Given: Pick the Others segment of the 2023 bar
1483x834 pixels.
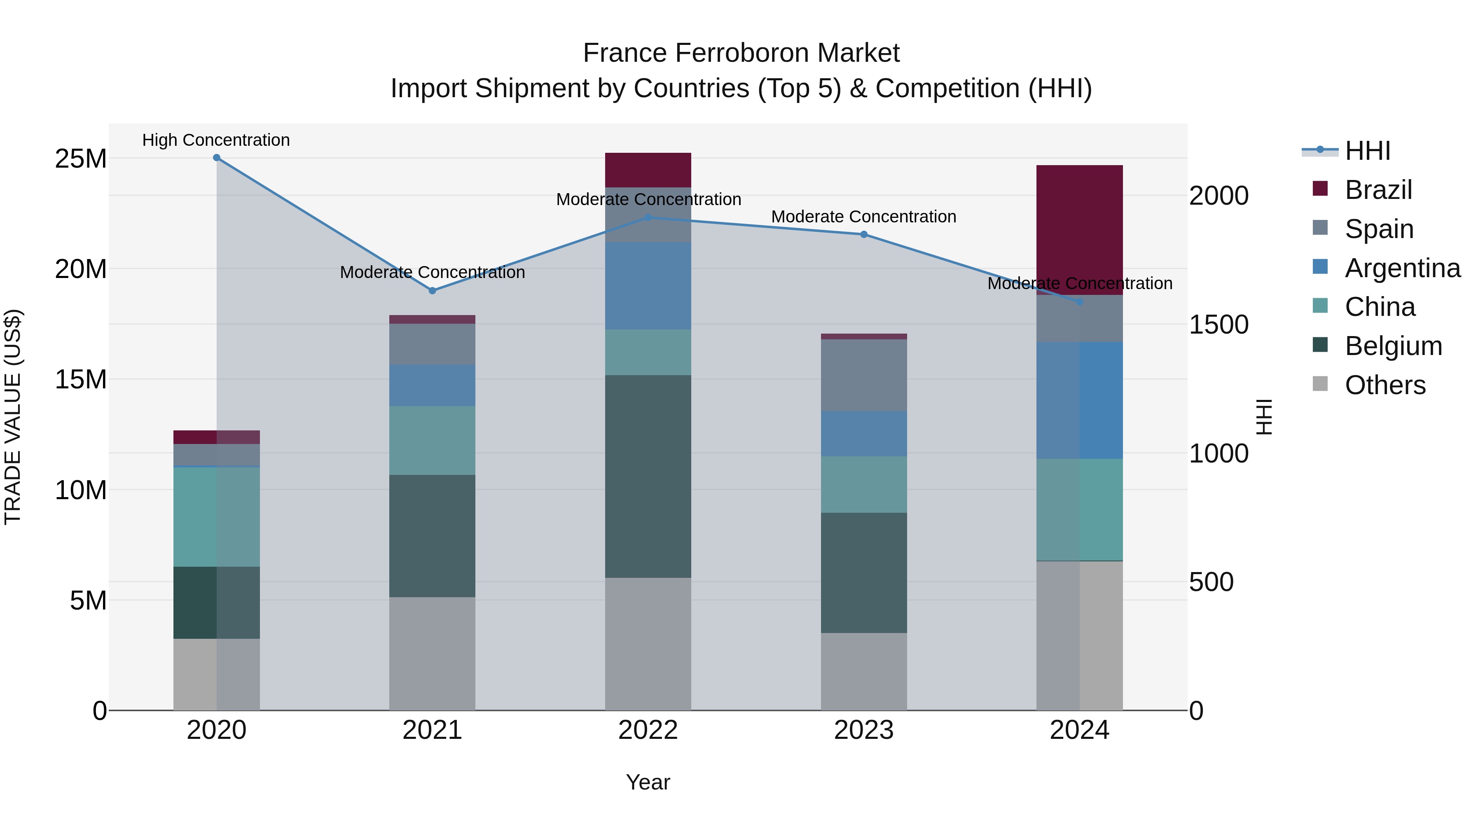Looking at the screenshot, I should (x=863, y=671).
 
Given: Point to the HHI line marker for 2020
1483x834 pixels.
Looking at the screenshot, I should (x=216, y=158).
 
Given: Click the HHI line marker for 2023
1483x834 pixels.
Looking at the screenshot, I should (x=863, y=234).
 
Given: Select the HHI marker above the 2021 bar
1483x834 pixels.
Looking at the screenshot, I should (x=433, y=291).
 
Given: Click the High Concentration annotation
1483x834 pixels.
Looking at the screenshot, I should (x=216, y=140).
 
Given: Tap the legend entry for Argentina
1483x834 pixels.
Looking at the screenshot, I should (x=1402, y=268).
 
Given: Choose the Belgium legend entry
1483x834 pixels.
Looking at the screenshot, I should (x=1393, y=346).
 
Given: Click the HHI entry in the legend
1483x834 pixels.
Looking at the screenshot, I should (x=1367, y=151).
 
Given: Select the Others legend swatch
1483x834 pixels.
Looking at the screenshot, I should (x=1320, y=384).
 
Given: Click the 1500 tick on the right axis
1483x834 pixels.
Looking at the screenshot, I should (x=1219, y=325).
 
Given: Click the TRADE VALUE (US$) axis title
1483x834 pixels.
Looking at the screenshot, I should (x=13, y=417).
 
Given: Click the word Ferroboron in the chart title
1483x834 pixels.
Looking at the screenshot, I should (x=741, y=53).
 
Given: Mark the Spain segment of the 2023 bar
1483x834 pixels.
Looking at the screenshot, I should (x=863, y=375).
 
